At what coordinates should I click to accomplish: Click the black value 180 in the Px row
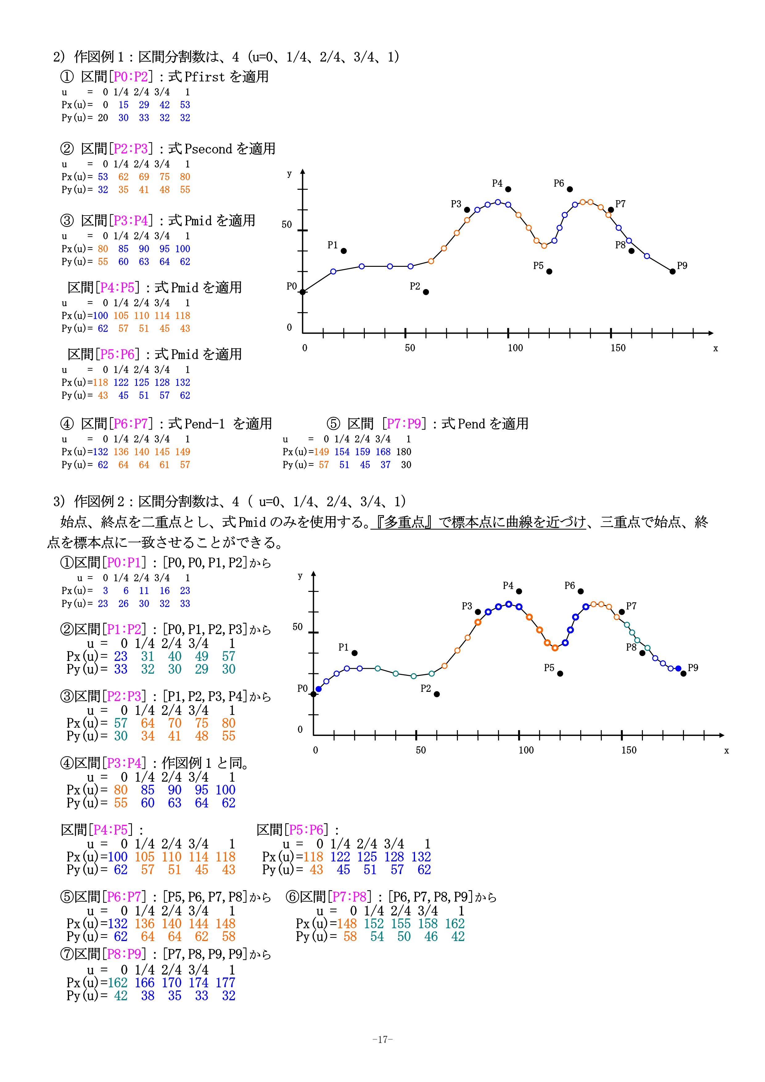pyautogui.click(x=404, y=452)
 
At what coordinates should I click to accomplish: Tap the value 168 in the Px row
pyautogui.click(x=383, y=452)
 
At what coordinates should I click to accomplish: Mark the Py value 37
pyautogui.click(x=385, y=465)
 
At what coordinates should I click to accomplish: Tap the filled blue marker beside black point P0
pyautogui.click(x=319, y=689)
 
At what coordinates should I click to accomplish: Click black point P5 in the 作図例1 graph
pyautogui.click(x=549, y=271)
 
